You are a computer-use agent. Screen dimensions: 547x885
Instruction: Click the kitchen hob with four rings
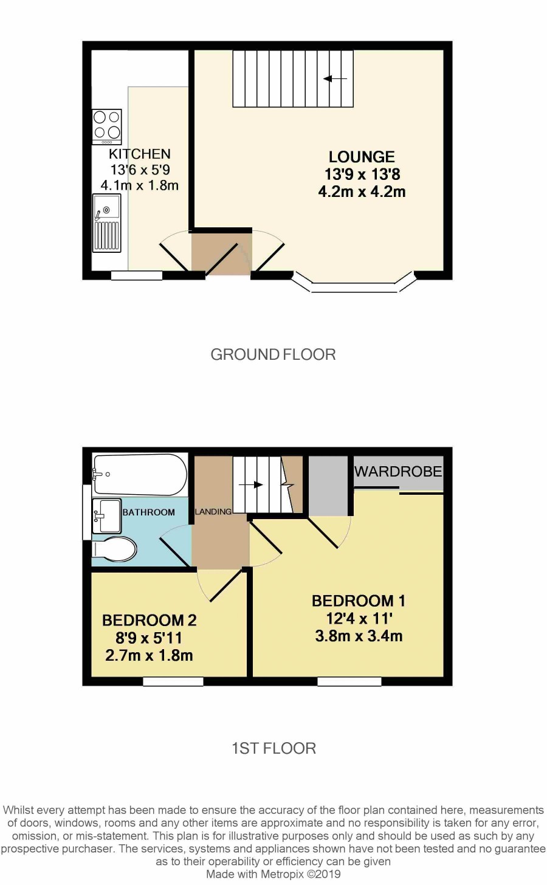[107, 127]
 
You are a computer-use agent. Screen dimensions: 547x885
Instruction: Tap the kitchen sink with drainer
[106, 223]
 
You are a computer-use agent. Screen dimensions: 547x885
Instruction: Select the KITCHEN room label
[140, 154]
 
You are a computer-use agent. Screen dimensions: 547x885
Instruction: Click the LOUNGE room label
[362, 157]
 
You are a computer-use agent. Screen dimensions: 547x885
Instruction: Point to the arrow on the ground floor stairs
[335, 78]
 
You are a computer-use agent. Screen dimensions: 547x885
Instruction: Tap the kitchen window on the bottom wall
[137, 275]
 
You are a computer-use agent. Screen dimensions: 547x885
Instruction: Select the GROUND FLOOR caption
[273, 354]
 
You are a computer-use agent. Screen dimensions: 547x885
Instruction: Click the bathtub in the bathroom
[139, 474]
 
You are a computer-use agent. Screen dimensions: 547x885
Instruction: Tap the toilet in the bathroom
[114, 548]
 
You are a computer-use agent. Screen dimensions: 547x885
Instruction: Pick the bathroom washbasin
[106, 516]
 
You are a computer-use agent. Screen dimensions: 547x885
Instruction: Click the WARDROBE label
[398, 471]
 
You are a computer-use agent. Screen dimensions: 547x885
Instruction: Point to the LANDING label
[213, 512]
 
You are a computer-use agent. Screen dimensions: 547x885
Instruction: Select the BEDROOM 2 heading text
[150, 620]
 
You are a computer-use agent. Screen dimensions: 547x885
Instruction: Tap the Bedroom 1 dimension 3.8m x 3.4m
[359, 636]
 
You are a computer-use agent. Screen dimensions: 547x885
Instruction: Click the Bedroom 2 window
[173, 681]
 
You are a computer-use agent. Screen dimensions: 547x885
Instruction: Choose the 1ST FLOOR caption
[273, 748]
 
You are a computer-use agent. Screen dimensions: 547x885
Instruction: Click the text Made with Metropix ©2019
[273, 874]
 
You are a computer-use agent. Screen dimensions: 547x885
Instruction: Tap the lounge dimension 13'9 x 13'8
[362, 174]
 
